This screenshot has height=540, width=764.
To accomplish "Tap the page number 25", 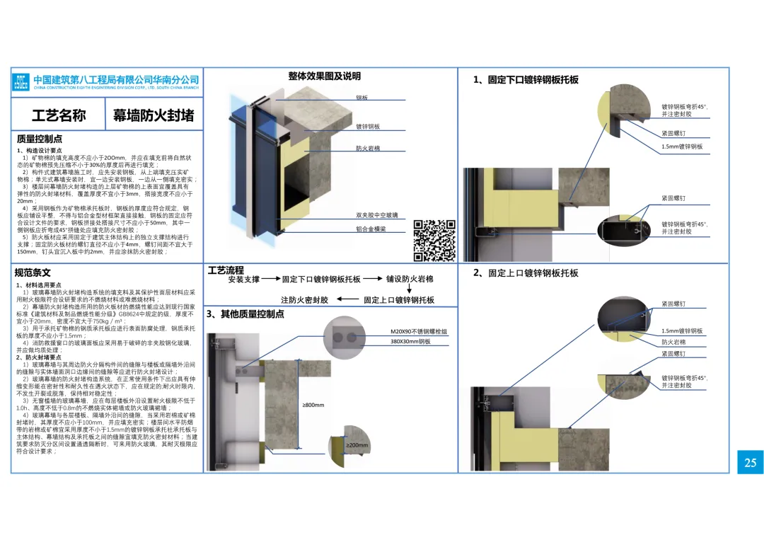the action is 750,462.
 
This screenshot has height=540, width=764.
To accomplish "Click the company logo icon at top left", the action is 21,82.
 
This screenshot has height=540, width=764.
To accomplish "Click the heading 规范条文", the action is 33,272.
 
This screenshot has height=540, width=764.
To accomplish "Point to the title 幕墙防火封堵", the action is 153,115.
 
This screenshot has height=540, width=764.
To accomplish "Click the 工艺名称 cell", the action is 59,115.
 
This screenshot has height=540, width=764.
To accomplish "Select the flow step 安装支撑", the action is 244,280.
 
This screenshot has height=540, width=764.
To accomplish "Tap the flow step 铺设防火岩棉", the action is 410,280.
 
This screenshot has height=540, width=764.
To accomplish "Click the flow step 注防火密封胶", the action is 304,300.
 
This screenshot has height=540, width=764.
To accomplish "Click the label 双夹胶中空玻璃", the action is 376,214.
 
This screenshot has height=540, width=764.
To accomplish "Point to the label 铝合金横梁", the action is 371,229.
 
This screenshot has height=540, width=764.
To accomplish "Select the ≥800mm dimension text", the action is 313,406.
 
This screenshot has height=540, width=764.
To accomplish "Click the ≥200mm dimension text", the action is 357,445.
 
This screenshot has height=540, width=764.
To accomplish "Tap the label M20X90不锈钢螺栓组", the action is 419,331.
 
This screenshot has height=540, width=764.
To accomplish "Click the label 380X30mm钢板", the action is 410,341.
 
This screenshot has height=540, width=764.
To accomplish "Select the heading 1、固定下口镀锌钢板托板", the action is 526,80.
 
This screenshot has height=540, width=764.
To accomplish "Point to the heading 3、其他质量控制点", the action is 245,314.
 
